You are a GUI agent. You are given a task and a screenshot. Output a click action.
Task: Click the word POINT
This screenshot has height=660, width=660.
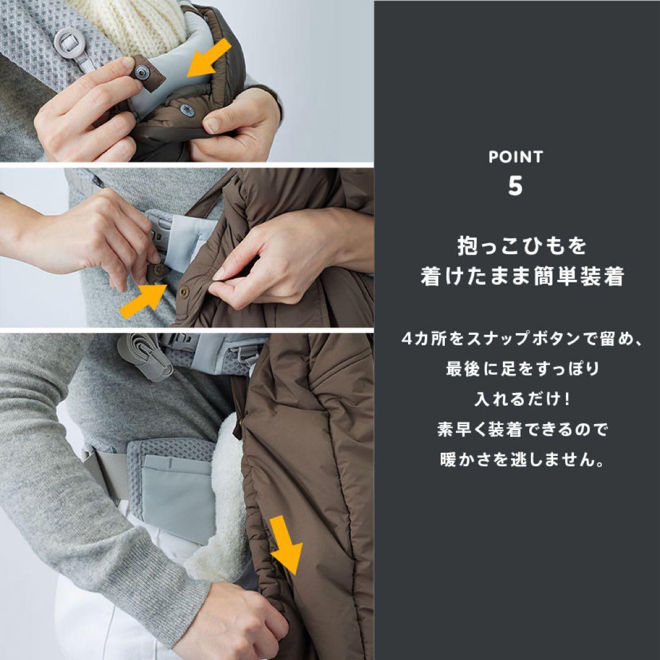[x=516, y=157]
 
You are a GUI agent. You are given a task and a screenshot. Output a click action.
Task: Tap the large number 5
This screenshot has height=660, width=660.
[x=515, y=186]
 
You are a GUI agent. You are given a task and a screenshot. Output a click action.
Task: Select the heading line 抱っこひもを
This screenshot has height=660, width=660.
[x=521, y=246]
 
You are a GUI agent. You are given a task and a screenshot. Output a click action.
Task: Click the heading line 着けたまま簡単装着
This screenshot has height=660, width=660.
[x=522, y=277]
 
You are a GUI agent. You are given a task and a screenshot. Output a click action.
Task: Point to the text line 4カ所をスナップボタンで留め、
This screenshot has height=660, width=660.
[x=522, y=339]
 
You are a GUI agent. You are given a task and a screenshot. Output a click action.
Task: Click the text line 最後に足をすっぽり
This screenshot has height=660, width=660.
[x=522, y=369]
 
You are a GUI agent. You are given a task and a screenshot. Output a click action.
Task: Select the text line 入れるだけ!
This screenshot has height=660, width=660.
[x=522, y=398]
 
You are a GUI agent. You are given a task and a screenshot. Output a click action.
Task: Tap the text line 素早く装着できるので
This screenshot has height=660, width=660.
[x=522, y=429]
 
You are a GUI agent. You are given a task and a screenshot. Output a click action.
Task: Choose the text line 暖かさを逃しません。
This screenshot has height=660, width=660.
[x=522, y=459]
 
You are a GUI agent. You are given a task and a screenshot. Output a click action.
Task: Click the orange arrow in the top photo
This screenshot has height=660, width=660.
[x=209, y=57]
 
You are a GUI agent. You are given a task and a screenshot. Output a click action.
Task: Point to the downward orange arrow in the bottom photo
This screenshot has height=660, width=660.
[x=286, y=544]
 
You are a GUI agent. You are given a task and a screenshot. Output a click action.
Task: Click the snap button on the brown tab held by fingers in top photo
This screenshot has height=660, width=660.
[x=141, y=72]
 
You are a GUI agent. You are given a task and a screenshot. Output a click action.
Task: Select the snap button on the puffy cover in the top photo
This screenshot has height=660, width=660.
[x=187, y=110]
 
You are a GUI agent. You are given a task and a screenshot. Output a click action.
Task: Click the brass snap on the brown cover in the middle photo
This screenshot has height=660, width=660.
[x=185, y=291]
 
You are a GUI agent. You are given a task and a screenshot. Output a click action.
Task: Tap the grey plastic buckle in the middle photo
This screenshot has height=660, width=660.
[x=159, y=230]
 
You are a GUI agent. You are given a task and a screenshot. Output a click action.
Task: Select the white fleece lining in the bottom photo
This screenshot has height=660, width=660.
[x=223, y=501]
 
